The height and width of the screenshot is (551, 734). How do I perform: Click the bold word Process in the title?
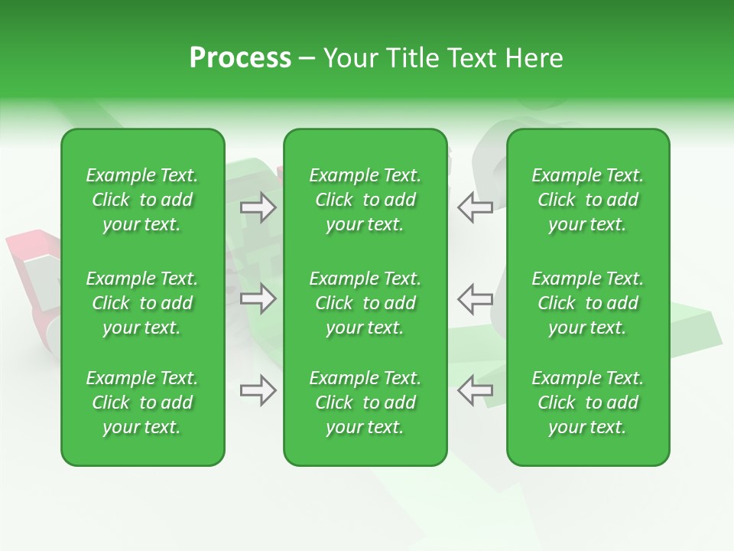pos(240,57)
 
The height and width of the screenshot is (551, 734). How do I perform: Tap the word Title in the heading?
pos(411,57)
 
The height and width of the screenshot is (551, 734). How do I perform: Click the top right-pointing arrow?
pos(258,207)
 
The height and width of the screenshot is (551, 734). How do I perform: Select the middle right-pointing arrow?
pos(258,298)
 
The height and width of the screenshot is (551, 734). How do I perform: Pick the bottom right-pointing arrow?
pos(258,390)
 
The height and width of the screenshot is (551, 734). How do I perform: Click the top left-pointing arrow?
pos(475,207)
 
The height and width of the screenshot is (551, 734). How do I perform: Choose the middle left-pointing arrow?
pos(475,298)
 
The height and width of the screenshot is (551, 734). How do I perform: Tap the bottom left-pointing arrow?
pos(475,390)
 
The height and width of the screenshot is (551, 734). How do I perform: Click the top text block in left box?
pos(142,200)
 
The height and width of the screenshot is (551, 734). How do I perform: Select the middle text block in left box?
pos(142,303)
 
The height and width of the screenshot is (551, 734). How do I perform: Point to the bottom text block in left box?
pos(142,403)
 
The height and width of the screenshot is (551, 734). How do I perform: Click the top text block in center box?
pos(365,200)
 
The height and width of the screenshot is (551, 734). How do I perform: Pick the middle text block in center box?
pos(365,303)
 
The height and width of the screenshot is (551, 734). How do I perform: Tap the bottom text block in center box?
pos(365,403)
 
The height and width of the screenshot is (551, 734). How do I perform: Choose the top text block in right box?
pos(588,200)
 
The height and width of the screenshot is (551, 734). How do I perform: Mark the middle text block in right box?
pos(588,303)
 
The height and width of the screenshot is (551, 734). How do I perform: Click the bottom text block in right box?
pos(588,403)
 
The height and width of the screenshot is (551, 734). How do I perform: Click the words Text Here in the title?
pos(504,57)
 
